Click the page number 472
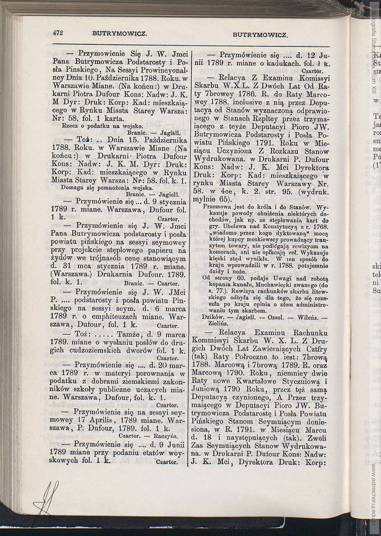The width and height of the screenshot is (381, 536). [57, 33]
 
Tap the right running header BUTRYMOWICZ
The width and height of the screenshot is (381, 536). [260, 34]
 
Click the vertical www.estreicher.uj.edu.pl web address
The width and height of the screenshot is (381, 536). [374, 493]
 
